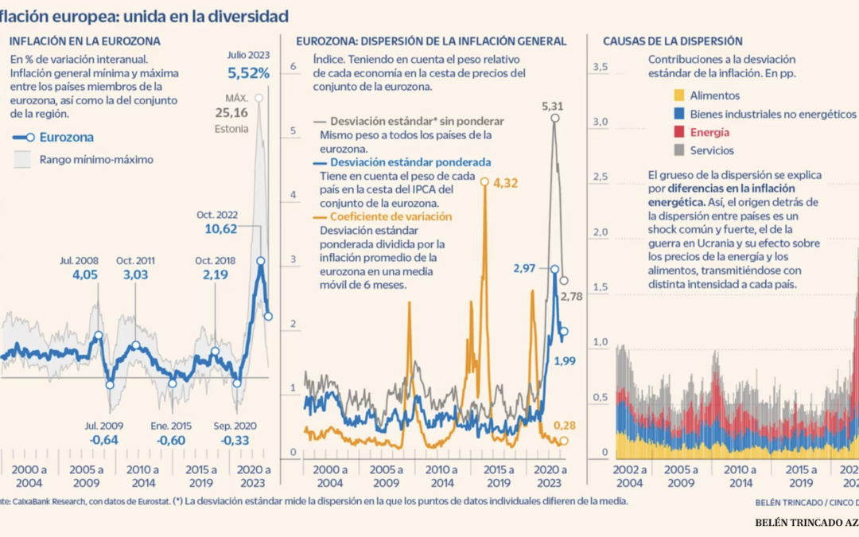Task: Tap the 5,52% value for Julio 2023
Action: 248,72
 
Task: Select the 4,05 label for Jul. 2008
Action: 79,275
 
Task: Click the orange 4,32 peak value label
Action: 506,183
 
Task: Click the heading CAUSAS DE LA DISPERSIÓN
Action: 672,41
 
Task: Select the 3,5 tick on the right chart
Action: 601,67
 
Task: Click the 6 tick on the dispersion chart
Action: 293,67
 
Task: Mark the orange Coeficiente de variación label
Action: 385,216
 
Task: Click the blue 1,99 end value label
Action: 564,361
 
